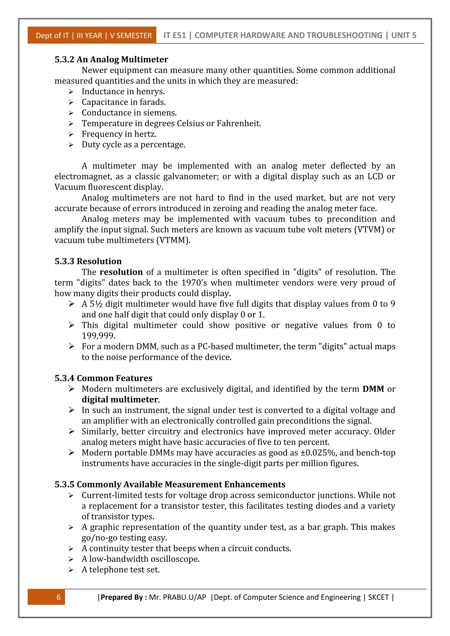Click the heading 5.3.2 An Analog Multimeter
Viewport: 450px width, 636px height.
click(x=111, y=60)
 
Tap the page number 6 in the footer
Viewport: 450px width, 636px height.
click(x=58, y=597)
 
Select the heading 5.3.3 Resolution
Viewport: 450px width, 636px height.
click(x=88, y=261)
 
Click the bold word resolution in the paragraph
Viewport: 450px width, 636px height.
click(x=121, y=272)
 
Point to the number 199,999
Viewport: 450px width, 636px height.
click(x=98, y=336)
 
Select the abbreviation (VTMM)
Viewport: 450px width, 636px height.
click(x=173, y=240)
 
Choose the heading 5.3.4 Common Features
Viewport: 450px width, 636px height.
click(x=103, y=378)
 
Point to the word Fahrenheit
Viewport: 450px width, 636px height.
click(x=239, y=123)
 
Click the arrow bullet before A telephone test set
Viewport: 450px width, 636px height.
click(x=71, y=570)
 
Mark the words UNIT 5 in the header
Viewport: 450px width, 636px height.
click(x=403, y=35)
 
